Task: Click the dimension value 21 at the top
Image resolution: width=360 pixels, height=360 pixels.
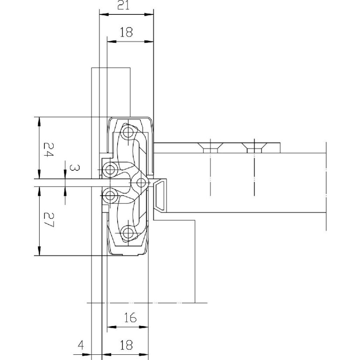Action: pos(123,5)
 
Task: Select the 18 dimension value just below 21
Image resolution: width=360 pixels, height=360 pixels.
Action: pos(126,32)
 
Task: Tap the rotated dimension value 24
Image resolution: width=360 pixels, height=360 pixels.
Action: pos(48,149)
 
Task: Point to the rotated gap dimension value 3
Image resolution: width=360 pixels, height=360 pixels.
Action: pos(75,168)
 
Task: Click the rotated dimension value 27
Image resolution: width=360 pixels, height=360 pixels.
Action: pos(49,220)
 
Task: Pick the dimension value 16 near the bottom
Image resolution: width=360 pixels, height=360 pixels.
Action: pos(130,318)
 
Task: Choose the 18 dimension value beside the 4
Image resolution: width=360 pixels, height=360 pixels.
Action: pos(126,345)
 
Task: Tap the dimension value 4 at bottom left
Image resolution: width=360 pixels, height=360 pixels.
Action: pos(81,345)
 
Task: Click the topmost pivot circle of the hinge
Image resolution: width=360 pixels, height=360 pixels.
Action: pos(128,132)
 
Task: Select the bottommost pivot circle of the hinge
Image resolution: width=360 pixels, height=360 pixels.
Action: pos(128,233)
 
